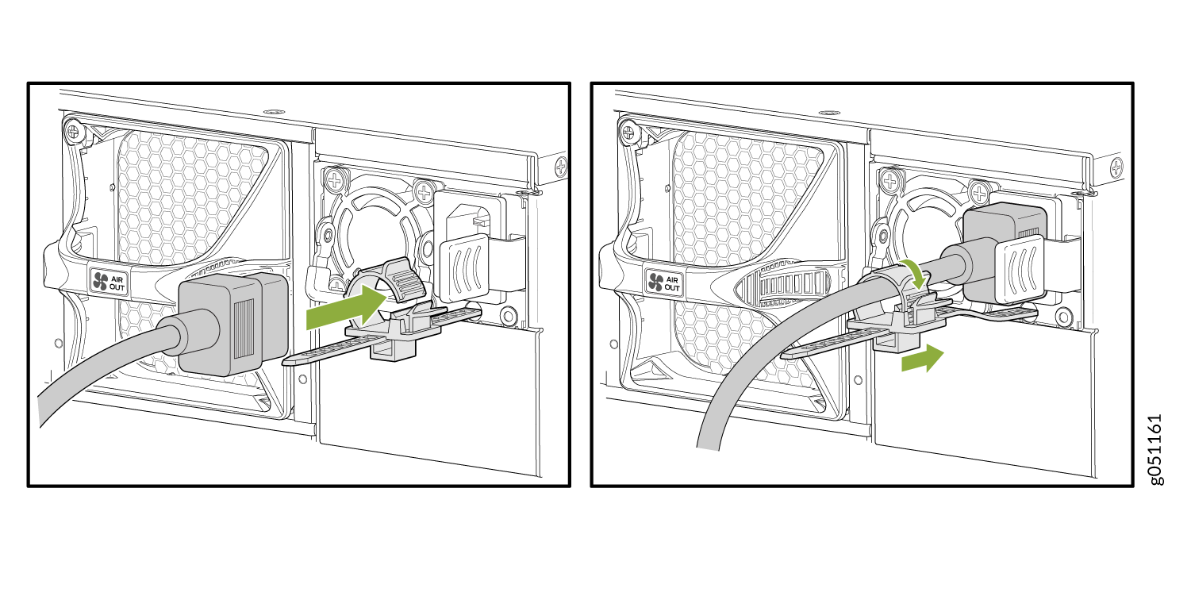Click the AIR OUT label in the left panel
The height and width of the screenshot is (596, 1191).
coord(109,281)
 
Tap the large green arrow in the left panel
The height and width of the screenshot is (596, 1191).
coord(347,306)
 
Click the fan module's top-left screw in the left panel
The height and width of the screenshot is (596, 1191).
coord(73,130)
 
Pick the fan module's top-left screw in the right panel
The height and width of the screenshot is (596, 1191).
coord(628,131)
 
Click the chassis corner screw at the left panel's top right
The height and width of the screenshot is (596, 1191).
coord(561,167)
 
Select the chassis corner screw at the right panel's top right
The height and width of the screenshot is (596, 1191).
coord(1116,168)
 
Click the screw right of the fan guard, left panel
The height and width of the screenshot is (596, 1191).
coord(425,191)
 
